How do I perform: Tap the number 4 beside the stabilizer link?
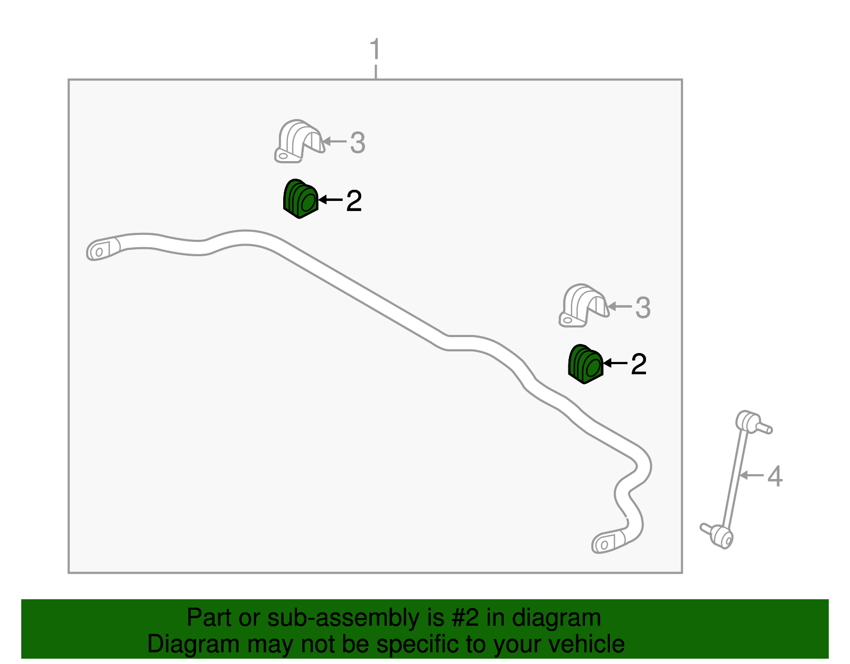click(x=775, y=476)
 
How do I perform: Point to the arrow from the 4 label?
click(x=752, y=475)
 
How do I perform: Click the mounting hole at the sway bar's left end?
click(x=99, y=253)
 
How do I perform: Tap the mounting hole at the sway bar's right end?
click(x=604, y=545)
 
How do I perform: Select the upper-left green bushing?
click(x=300, y=199)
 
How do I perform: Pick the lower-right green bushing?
click(x=585, y=364)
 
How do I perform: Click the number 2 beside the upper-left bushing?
click(x=354, y=201)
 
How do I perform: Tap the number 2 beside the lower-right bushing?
click(x=639, y=364)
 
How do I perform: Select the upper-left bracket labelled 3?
click(x=299, y=141)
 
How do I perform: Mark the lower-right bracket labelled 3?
click(x=584, y=306)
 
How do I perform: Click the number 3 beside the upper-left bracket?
click(x=358, y=142)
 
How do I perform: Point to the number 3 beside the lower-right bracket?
click(x=643, y=307)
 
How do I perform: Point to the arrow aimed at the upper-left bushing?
click(x=330, y=200)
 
